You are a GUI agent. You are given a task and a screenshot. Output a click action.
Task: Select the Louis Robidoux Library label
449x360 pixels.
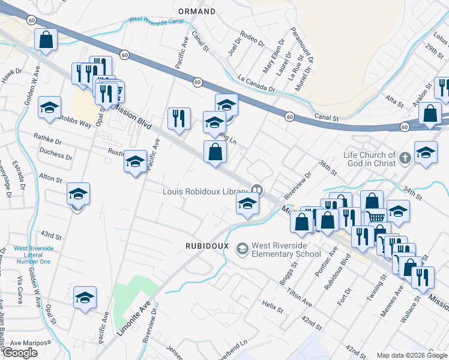point(205,191)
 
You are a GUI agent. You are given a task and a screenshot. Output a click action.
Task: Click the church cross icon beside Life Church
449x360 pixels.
point(406,158)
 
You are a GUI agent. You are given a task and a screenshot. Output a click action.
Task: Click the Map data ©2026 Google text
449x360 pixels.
point(411,355)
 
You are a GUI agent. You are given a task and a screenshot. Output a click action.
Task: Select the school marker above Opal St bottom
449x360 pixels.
point(85,298)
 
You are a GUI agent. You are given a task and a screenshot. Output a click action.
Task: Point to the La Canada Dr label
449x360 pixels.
point(256,83)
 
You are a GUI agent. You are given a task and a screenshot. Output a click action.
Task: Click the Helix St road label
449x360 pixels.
point(273,307)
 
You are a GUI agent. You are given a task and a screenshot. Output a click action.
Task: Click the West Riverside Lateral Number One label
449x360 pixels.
point(34,254)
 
